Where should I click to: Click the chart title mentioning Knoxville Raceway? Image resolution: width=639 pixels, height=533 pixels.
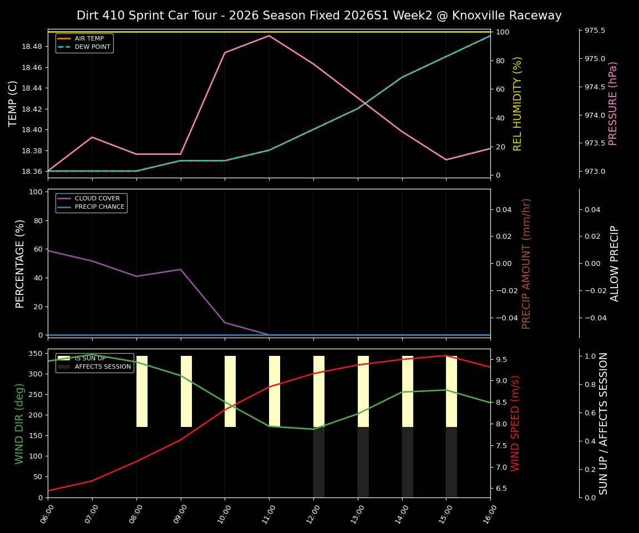click(x=319, y=16)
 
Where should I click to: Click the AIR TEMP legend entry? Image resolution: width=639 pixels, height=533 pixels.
click(x=89, y=38)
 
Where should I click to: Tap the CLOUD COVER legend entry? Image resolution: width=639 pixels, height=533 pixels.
click(x=97, y=198)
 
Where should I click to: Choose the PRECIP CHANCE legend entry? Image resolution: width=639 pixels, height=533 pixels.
click(x=99, y=207)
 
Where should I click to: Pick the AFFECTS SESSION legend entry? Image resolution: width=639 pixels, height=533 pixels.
click(x=102, y=366)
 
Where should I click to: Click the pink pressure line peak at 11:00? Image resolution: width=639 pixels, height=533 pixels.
click(x=269, y=36)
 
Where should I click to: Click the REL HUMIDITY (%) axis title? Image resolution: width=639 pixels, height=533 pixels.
click(x=518, y=103)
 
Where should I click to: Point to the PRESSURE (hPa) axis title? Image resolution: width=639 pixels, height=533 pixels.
click(x=613, y=103)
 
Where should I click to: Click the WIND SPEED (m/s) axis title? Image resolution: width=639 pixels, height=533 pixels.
click(x=516, y=423)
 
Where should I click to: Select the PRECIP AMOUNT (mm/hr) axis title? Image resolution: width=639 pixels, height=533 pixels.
click(x=526, y=263)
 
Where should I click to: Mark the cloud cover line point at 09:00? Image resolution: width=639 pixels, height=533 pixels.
click(x=180, y=269)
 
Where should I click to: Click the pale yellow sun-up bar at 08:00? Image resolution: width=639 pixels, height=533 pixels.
click(x=142, y=391)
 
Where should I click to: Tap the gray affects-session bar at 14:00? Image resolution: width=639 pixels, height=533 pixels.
click(x=408, y=462)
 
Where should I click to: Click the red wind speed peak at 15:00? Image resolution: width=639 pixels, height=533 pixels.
click(x=446, y=355)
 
